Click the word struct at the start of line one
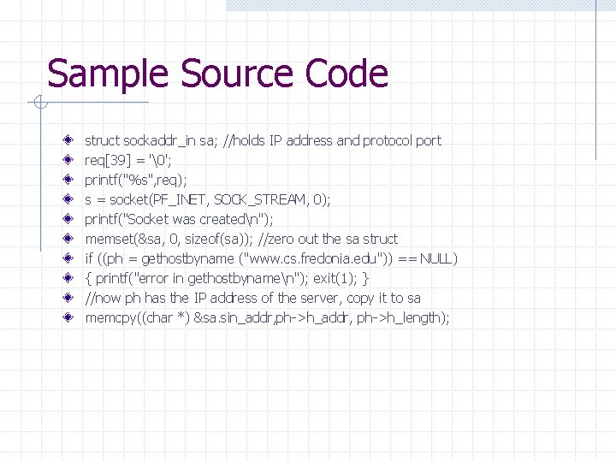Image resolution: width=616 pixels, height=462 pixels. click(x=102, y=140)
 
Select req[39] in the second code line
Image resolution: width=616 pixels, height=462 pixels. click(x=104, y=160)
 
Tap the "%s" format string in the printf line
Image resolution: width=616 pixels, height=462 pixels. click(x=139, y=180)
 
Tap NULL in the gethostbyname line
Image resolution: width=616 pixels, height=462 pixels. click(x=438, y=258)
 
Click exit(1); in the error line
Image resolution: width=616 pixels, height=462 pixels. click(x=336, y=278)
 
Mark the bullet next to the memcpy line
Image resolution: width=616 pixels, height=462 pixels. click(x=68, y=317)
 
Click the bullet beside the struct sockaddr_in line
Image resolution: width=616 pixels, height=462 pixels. click(x=68, y=140)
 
